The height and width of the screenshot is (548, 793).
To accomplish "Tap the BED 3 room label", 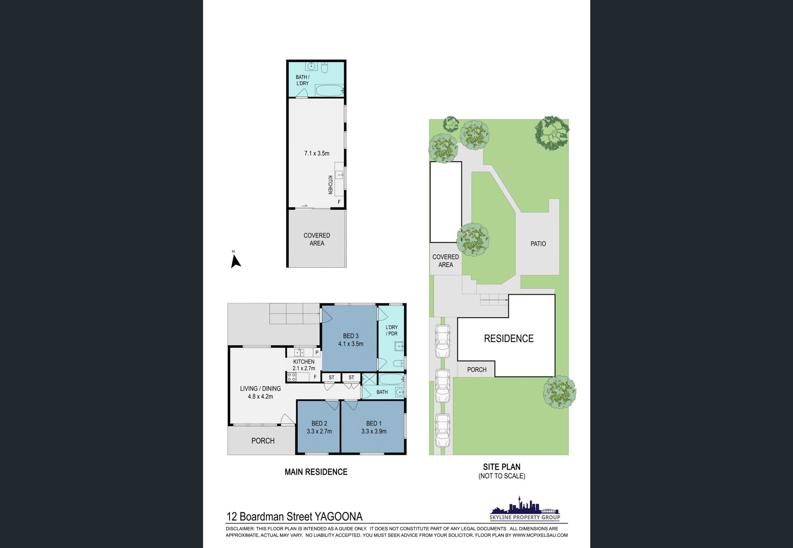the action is click(350, 336).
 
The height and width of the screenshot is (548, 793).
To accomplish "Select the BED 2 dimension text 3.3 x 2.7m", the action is click(319, 431).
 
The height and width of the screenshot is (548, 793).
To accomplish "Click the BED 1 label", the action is click(374, 423).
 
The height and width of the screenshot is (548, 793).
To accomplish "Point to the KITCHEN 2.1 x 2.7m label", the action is click(304, 365).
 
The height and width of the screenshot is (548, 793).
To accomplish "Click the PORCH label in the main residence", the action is click(263, 441).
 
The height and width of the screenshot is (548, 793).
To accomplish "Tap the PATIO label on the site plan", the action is click(538, 243).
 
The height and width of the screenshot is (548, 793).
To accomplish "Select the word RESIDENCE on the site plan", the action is click(509, 339).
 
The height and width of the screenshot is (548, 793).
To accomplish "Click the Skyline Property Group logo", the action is click(524, 508).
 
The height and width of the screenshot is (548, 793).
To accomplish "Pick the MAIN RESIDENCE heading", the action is click(316, 472).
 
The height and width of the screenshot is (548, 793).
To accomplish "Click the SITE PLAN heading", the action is click(502, 467).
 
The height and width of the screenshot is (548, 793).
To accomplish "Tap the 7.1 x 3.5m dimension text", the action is click(317, 153).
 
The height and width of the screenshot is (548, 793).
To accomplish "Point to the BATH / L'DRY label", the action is click(302, 80).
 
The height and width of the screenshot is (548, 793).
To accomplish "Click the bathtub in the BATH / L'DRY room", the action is click(330, 91).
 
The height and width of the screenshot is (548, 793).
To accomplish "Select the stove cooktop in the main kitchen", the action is click(292, 377).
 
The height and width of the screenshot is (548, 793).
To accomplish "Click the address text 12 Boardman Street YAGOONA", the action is click(294, 516).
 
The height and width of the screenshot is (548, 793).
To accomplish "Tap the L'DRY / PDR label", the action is click(392, 330).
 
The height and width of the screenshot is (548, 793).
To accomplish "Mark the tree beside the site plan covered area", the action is click(473, 239).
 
